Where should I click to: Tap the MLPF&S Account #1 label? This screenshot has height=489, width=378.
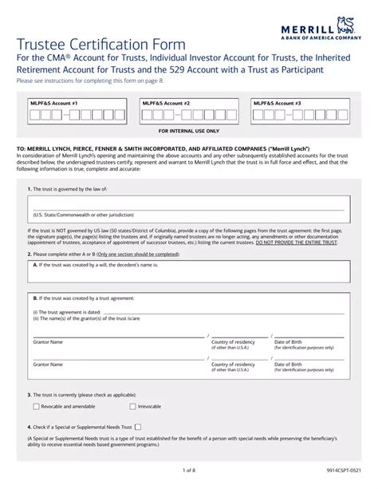click(x=53, y=104)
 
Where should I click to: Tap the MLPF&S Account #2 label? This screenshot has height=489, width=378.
click(x=166, y=104)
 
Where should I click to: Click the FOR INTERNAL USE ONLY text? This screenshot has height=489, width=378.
click(x=189, y=130)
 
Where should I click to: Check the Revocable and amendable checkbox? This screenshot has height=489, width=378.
click(x=36, y=406)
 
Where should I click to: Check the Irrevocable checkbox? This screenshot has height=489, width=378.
click(x=132, y=406)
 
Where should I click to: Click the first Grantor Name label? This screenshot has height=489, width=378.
click(x=48, y=341)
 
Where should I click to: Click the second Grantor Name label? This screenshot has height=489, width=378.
click(x=48, y=365)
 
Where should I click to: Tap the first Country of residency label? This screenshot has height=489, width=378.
click(x=233, y=341)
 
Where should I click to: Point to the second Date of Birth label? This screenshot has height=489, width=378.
click(x=288, y=365)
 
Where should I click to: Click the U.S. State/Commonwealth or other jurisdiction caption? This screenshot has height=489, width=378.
click(x=84, y=215)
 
